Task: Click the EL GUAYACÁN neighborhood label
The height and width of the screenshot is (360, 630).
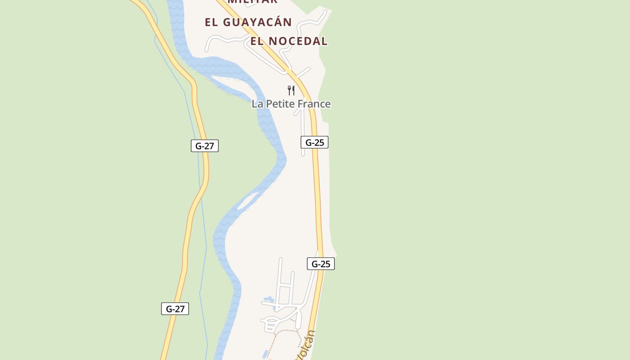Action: pos(248,22)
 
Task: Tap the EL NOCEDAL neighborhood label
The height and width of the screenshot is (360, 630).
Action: pos(289,41)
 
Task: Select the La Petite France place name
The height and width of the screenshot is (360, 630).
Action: pos(291,104)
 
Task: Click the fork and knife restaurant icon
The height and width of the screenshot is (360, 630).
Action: pos(291,90)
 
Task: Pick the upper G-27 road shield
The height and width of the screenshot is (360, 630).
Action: pos(205,146)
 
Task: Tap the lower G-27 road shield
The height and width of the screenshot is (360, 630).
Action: pos(175,309)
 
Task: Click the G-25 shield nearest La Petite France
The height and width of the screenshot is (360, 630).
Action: pos(315,143)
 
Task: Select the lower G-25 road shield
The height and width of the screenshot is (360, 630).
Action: pos(321,264)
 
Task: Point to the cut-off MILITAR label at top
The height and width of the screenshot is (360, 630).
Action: pos(252,2)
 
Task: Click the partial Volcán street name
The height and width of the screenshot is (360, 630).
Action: pos(306,346)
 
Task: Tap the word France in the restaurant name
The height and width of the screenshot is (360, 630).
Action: pos(313,104)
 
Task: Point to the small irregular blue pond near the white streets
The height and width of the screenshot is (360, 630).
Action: pos(269,299)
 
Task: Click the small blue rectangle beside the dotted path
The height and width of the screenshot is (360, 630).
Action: pos(265,354)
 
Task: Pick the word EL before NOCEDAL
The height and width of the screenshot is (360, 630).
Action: pos(257,41)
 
